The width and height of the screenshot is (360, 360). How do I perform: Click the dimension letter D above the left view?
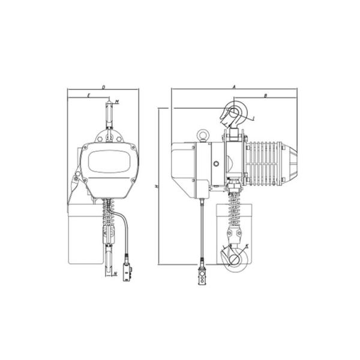pos(103,88)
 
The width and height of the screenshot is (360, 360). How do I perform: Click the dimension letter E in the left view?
pos(88,95)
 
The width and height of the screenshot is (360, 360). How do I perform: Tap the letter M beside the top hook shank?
pos(116,101)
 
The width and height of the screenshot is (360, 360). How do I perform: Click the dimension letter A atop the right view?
pos(234,87)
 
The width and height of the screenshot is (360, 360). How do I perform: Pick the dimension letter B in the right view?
pos(265,95)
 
